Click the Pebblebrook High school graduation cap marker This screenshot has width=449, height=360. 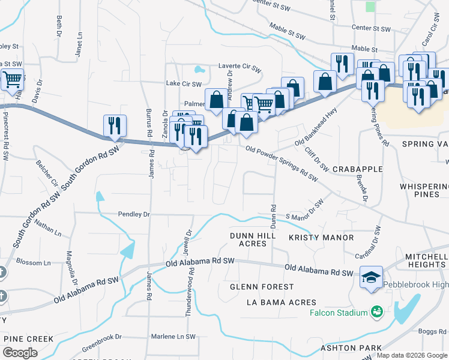coord(371,277)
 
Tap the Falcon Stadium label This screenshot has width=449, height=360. coord(338,313)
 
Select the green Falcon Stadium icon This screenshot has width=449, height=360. coord(377,311)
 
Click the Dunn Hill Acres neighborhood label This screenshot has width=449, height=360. coord(253,239)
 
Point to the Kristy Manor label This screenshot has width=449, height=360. coord(321,238)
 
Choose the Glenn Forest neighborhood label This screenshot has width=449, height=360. coord(262,287)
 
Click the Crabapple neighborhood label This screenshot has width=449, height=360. coord(357,169)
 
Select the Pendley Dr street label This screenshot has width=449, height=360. coord(134,214)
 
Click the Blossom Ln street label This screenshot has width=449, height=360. coord(34,263)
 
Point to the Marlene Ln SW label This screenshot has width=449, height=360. coord(173,336)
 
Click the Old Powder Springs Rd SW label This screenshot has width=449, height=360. coord(280,162)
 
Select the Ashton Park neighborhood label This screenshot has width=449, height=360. coord(351,348)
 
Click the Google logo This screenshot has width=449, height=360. coord(20,353)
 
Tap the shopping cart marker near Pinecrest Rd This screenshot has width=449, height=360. coord(12,79)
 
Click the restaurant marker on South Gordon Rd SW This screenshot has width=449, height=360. coord(113,125)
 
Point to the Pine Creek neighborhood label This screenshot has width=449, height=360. coord(28,339)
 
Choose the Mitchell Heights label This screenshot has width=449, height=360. coord(426,260)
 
